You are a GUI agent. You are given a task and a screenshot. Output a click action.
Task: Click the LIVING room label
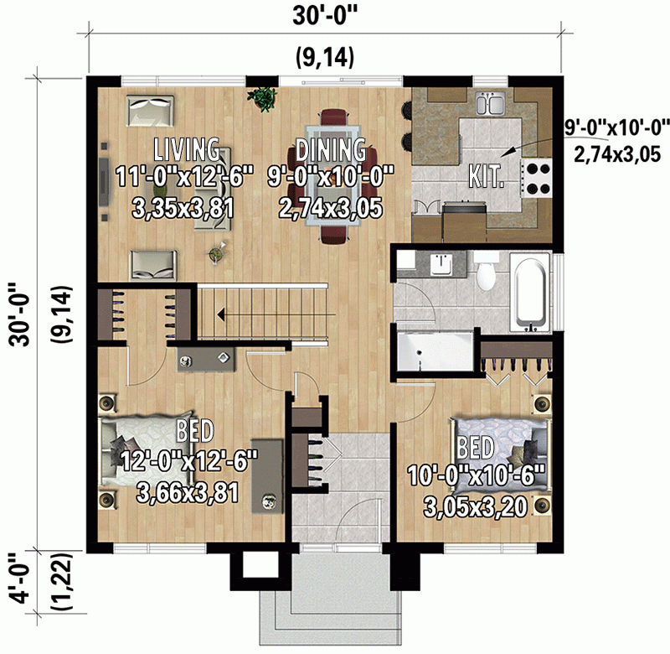(187, 150)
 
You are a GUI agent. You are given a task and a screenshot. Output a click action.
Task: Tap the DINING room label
(330, 150)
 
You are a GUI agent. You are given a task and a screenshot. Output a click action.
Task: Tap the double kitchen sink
(488, 105)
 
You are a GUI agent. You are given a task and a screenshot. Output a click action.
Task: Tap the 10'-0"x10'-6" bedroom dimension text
(477, 475)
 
